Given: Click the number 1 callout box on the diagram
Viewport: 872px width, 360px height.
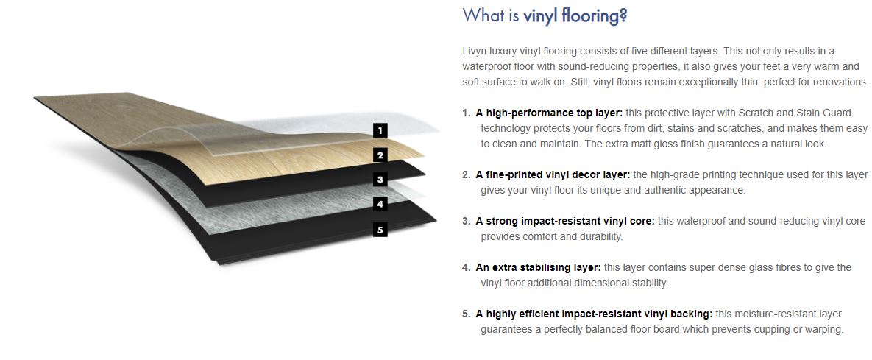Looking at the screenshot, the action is click(380, 131).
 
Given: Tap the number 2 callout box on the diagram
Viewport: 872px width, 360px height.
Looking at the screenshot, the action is click(380, 155).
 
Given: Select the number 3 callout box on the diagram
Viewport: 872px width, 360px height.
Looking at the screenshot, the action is click(380, 180).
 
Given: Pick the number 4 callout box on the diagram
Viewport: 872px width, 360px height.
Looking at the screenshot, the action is click(380, 204).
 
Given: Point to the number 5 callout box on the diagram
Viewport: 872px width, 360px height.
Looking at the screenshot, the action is click(380, 229).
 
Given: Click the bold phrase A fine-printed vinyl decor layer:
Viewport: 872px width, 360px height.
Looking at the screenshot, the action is click(553, 174).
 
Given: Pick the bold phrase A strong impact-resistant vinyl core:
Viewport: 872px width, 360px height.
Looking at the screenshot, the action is click(565, 221).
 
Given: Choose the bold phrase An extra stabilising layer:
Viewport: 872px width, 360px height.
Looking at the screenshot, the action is click(539, 268).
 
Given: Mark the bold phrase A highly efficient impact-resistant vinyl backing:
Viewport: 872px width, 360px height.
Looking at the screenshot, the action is click(595, 314).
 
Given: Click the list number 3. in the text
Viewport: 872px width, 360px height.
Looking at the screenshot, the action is click(466, 221).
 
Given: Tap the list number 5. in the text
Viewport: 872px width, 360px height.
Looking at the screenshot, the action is click(466, 314).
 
